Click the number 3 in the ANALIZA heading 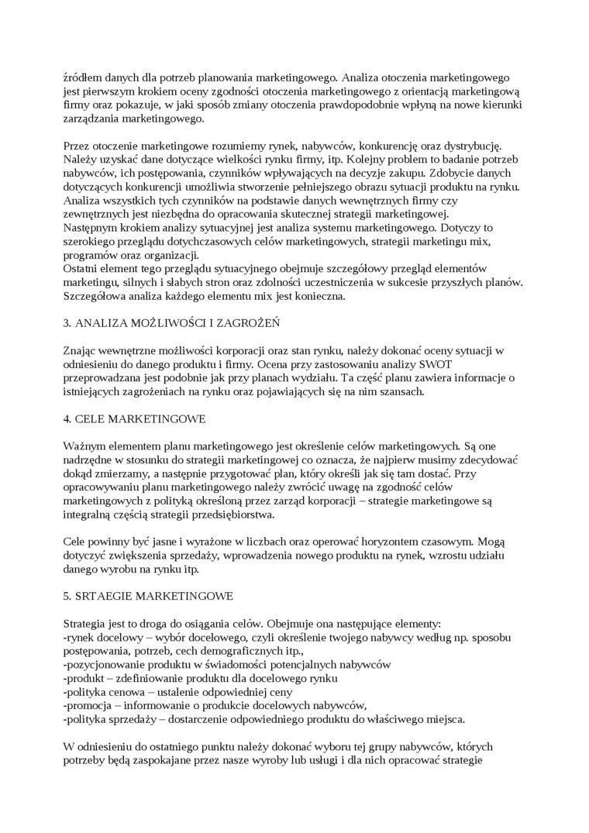pos(66,322)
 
